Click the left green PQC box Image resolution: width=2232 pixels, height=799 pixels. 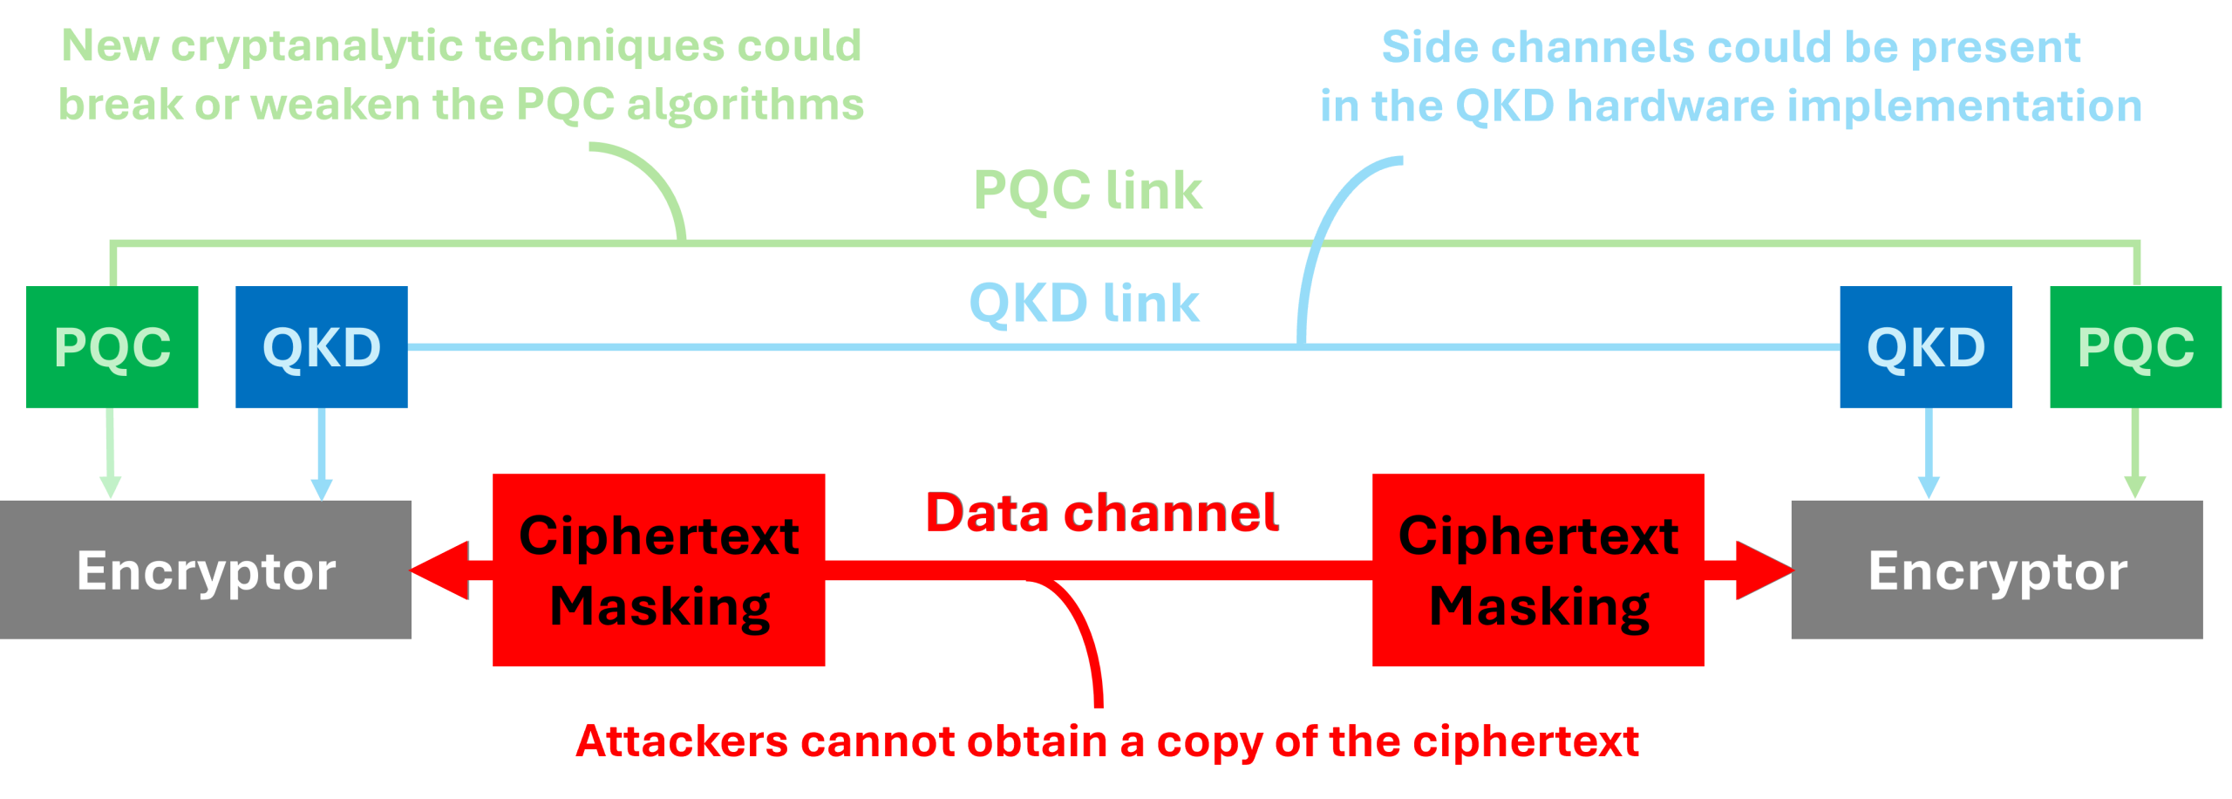112,346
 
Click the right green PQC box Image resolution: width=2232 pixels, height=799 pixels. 2135,346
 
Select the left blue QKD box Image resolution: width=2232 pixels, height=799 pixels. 322,346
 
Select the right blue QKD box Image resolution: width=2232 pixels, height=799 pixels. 1926,346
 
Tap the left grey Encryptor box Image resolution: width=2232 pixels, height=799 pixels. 206,570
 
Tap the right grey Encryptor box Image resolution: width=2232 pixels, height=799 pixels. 1997,570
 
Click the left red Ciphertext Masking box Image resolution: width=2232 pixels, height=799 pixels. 659,570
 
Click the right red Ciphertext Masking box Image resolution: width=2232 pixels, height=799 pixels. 1538,570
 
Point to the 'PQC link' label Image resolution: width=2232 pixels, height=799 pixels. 1087,190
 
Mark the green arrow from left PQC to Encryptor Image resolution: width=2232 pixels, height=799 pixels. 111,454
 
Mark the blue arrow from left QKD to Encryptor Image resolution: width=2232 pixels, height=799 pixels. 322,454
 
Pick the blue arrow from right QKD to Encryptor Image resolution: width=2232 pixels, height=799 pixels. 1929,454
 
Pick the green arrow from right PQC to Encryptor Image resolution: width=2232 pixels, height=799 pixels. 2134,454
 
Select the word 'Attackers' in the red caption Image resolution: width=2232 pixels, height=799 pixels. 682,741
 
